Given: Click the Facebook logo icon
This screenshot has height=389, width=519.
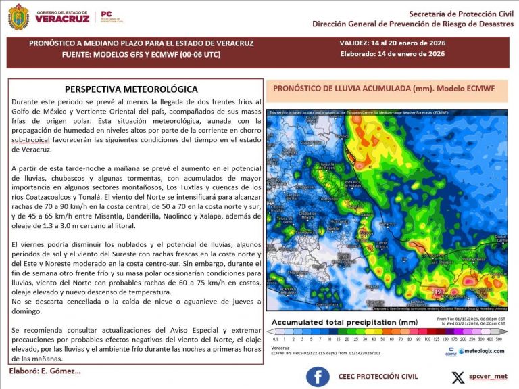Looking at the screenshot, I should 318,376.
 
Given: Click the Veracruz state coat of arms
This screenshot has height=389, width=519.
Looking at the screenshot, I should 18,17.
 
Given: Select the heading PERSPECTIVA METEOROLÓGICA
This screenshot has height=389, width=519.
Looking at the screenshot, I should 131,89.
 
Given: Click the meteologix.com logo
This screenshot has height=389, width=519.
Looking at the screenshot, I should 480,350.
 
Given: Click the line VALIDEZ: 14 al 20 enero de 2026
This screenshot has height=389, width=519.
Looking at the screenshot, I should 392,43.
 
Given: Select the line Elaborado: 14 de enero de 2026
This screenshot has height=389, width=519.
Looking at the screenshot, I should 392,54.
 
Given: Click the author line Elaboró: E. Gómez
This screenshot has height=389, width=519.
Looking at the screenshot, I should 45,371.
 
